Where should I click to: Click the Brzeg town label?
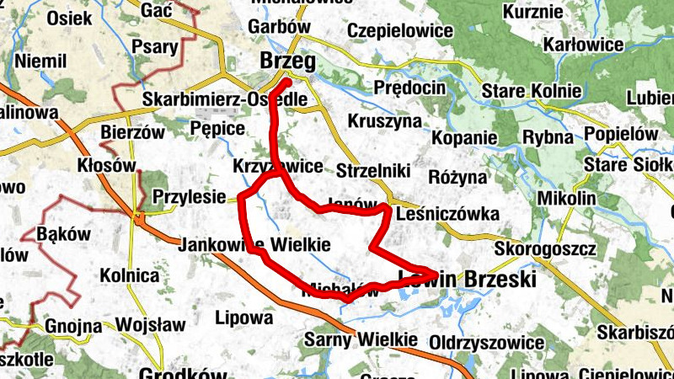click(288, 61)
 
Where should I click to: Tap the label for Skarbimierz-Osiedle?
click(224, 99)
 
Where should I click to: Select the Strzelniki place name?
click(372, 171)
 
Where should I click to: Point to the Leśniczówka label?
click(447, 214)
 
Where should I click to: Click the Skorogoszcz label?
click(545, 250)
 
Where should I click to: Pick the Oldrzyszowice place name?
click(487, 343)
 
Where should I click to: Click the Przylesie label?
click(190, 198)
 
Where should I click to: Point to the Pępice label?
click(217, 129)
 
